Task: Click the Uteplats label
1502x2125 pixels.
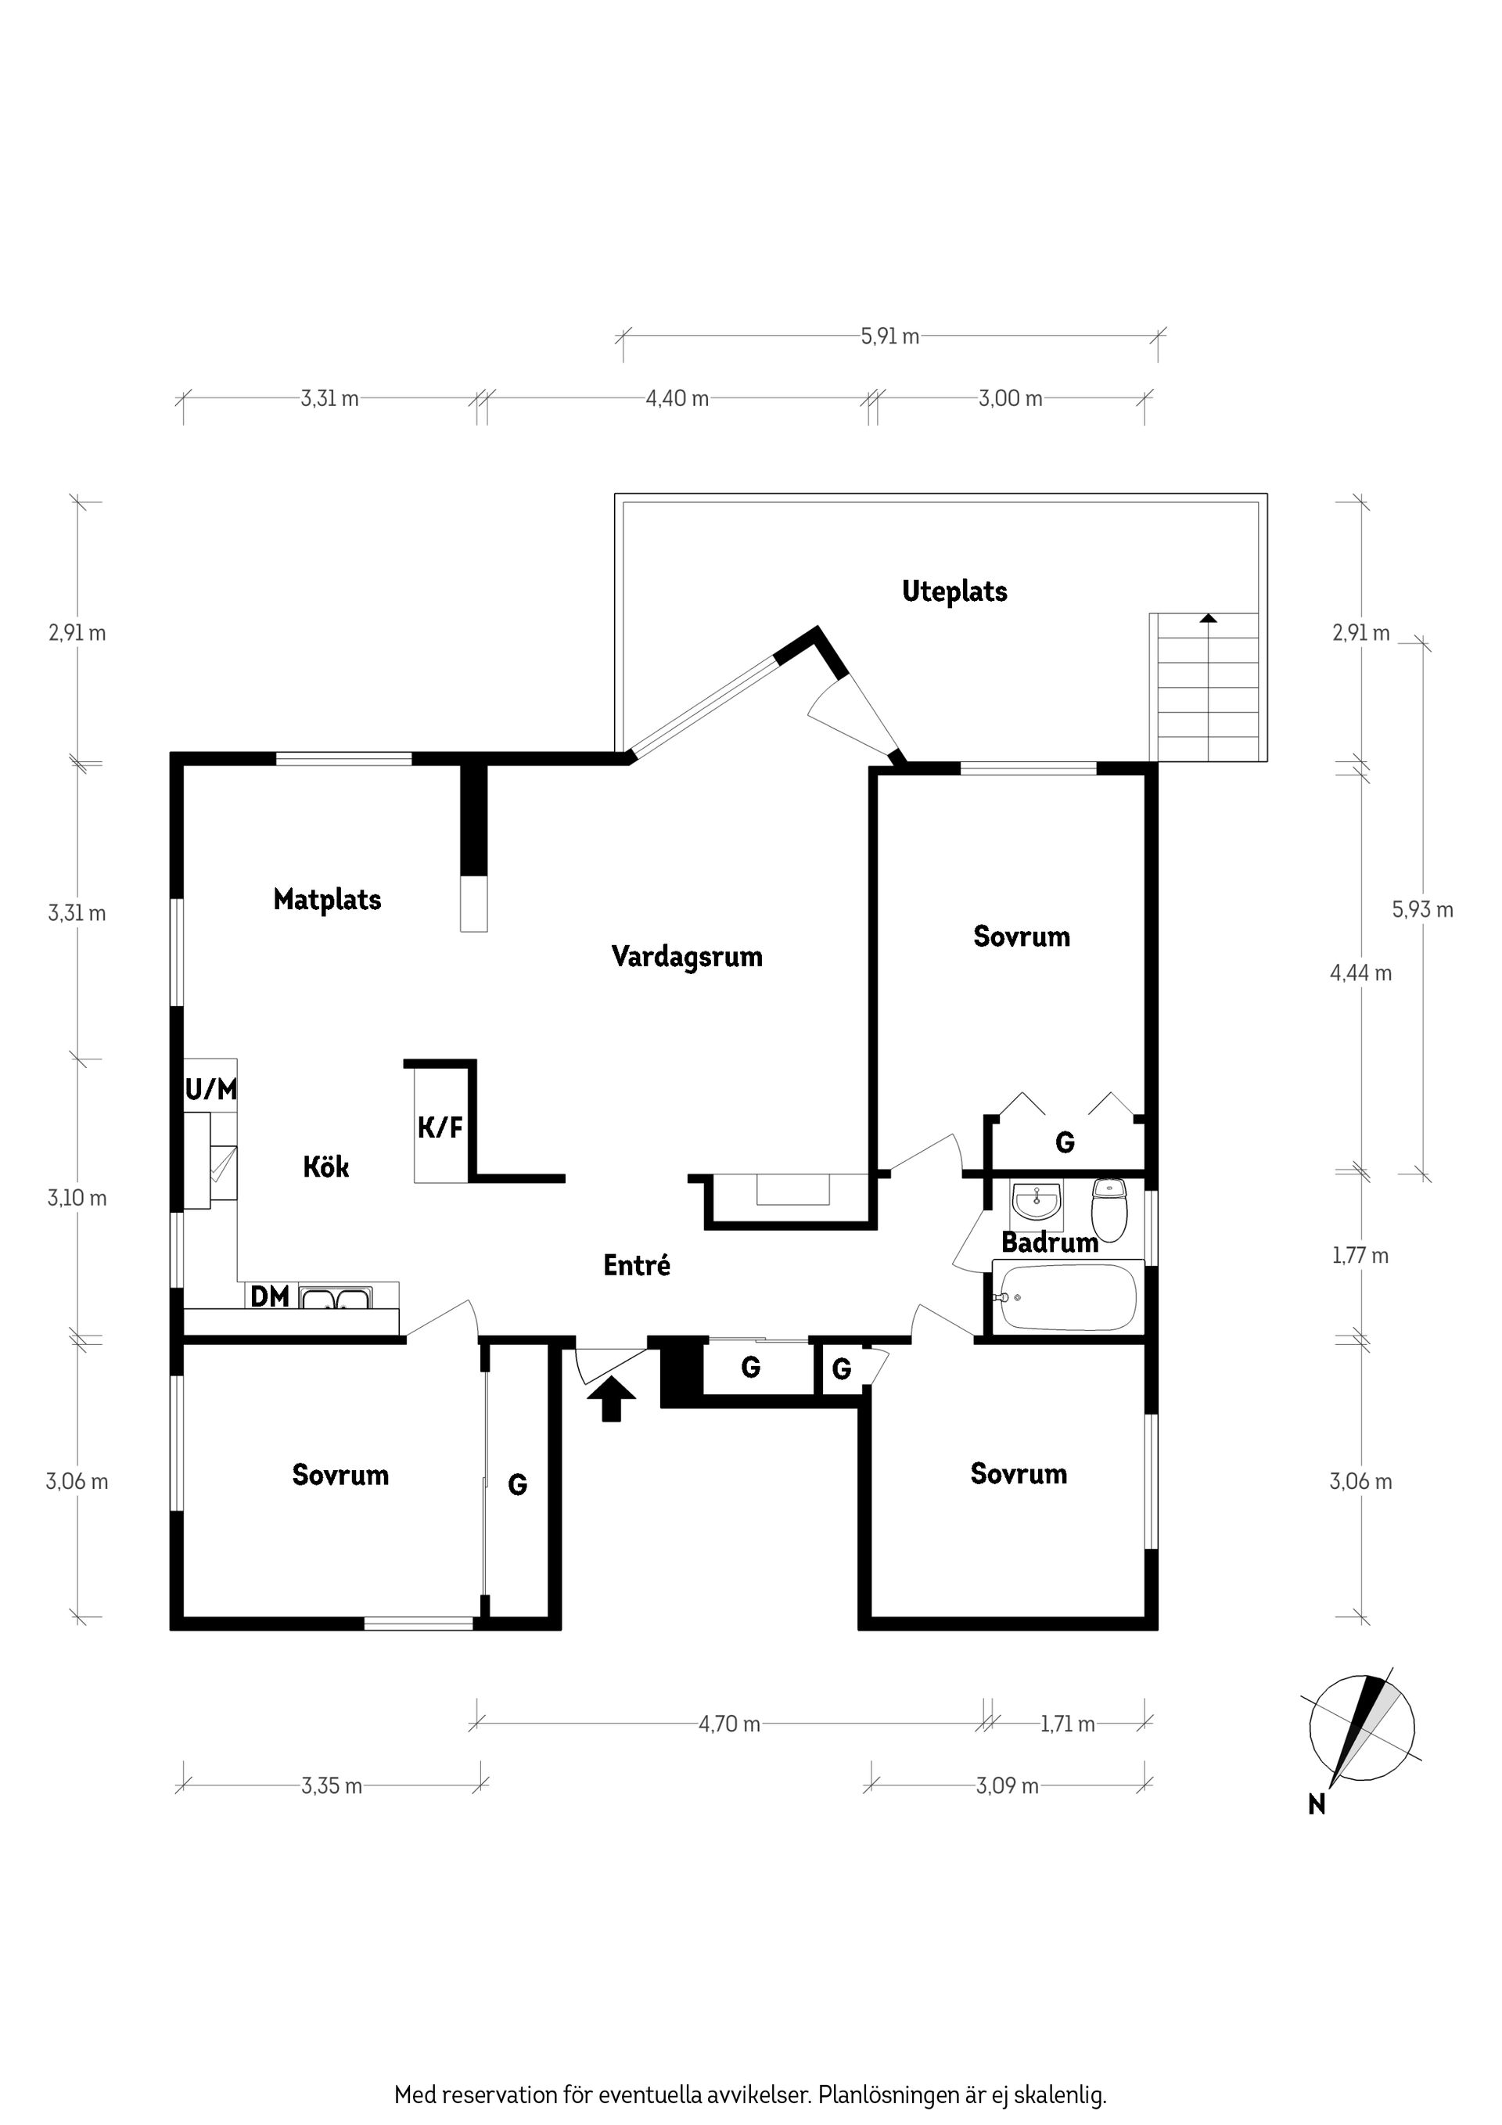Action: tap(954, 591)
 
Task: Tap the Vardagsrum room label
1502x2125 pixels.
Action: tap(687, 956)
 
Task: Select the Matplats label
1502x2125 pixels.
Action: tap(328, 900)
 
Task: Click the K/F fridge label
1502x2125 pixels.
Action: tap(440, 1127)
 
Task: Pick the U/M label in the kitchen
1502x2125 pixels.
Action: tap(211, 1088)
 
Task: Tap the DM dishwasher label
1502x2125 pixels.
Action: tap(270, 1296)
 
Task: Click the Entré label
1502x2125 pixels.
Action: tap(637, 1264)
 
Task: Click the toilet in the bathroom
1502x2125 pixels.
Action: tap(1109, 1210)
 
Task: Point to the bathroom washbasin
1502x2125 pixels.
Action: tap(1037, 1203)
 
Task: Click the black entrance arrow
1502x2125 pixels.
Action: tap(612, 1397)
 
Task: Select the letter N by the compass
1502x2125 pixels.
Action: tap(1317, 1804)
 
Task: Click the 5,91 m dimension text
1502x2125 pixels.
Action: tap(890, 337)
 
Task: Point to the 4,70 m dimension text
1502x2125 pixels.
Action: tap(729, 1724)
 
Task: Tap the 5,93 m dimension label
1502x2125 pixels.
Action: tap(1422, 910)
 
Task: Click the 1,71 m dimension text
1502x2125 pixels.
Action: tap(1068, 1724)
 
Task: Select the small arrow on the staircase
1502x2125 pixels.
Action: tap(1208, 617)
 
